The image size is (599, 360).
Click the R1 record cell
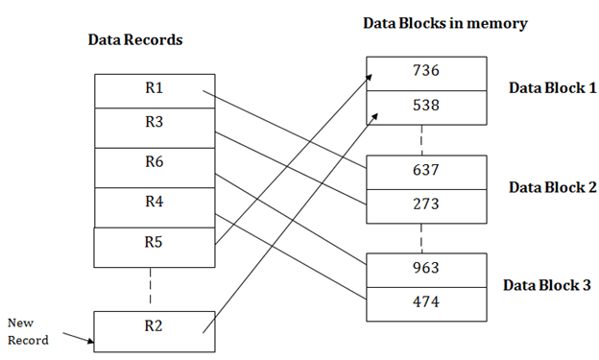(155, 90)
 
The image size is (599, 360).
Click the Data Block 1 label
(552, 88)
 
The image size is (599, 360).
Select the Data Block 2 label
(552, 186)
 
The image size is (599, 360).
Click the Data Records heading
(134, 40)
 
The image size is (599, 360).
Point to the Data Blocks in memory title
(444, 23)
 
